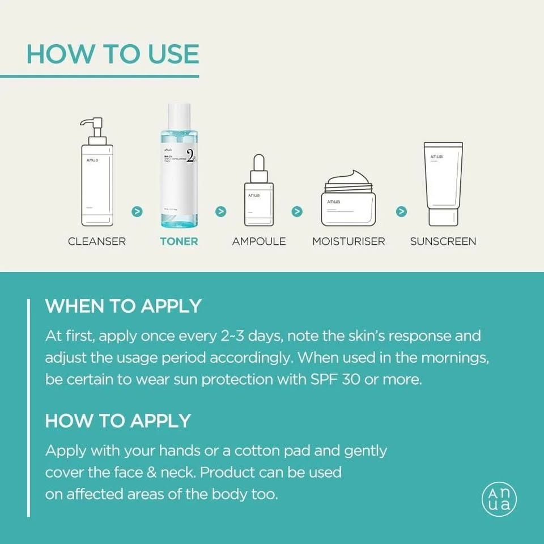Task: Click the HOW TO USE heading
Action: (113, 54)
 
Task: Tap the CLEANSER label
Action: (97, 241)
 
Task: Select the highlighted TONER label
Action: (179, 241)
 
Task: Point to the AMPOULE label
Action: (259, 241)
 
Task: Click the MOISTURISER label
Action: (348, 241)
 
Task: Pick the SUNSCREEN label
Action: (443, 241)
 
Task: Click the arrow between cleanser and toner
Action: (137, 211)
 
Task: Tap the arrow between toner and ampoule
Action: (221, 211)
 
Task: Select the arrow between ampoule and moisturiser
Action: (297, 211)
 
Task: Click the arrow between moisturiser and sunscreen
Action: (401, 211)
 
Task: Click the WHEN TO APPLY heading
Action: (123, 306)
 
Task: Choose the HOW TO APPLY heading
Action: (118, 421)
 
